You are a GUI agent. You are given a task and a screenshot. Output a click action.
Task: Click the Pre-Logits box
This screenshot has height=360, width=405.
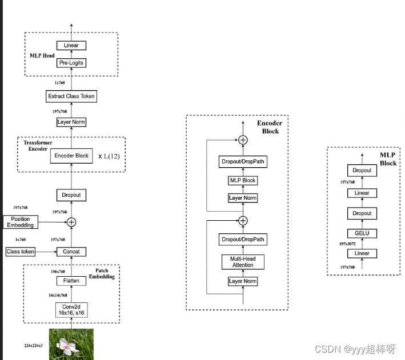(71, 63)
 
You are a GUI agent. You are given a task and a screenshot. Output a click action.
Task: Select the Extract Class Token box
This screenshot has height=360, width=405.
(71, 96)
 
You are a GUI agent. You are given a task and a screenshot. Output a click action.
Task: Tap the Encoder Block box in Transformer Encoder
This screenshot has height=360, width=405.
(71, 156)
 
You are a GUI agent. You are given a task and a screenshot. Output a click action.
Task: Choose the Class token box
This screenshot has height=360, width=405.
(21, 252)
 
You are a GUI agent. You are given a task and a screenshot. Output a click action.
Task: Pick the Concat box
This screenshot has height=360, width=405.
(71, 252)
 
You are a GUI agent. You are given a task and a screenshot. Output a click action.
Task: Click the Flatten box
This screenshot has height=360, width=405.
(71, 281)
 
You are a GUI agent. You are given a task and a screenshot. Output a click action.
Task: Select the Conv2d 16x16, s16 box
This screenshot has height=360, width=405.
(71, 310)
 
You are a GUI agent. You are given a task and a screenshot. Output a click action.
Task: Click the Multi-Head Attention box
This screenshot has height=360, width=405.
(243, 262)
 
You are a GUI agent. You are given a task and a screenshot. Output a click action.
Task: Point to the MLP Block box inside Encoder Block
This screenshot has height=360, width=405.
(243, 180)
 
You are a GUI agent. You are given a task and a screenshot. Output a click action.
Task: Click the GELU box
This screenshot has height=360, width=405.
(362, 233)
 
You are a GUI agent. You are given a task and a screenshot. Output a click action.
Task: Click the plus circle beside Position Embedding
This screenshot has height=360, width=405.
(71, 222)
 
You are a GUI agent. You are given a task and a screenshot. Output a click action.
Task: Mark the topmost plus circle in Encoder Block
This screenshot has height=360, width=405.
(243, 140)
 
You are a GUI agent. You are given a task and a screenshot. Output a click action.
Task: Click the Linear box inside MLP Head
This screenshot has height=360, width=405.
(71, 45)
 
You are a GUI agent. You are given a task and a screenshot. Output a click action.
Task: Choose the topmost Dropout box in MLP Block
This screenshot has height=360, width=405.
(362, 170)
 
